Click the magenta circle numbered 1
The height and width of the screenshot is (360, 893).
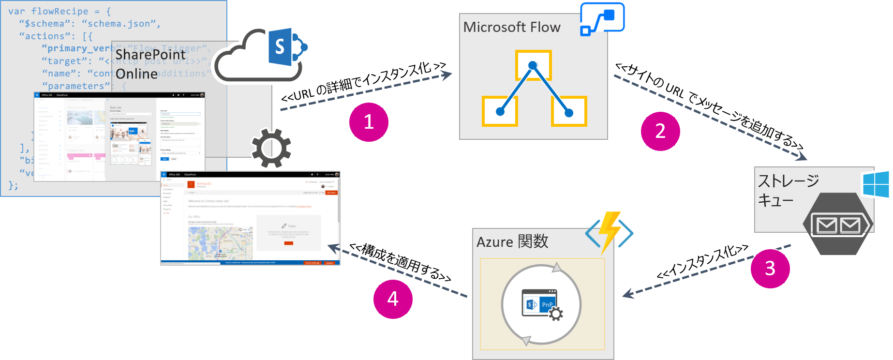(369, 122)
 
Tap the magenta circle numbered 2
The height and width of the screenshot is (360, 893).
(660, 131)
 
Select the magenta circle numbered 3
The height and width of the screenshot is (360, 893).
(770, 269)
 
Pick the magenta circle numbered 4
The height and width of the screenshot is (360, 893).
(393, 299)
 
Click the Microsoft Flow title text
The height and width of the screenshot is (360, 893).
(512, 27)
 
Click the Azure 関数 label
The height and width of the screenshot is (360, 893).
(512, 241)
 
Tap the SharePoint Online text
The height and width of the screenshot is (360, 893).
(150, 64)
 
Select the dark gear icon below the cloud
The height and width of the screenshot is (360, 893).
(271, 148)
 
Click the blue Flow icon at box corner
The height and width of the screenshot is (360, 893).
(602, 19)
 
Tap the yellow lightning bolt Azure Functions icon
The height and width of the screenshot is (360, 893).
(610, 232)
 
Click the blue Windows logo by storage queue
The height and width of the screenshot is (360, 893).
(876, 184)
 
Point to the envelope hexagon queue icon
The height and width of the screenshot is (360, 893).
(838, 224)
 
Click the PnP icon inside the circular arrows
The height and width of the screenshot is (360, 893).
(542, 304)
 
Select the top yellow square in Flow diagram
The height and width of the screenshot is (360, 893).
(533, 65)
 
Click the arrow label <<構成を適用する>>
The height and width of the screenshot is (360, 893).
(401, 263)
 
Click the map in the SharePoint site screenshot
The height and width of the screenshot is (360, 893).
(220, 243)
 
